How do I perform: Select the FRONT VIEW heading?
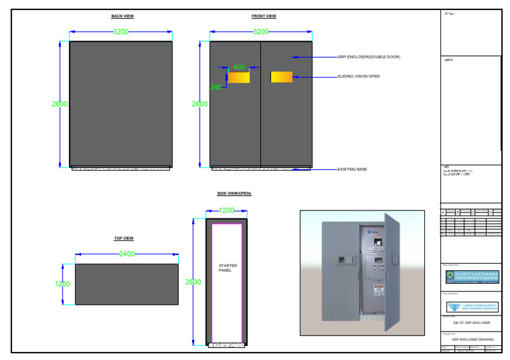264,16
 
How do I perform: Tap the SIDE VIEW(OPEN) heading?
234,193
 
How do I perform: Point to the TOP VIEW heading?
124,238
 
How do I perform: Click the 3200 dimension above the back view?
121,31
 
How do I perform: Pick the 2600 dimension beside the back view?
60,104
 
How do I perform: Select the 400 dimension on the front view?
238,67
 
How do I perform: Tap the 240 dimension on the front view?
216,87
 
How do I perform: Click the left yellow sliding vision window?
239,77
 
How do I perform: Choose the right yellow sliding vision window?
281,77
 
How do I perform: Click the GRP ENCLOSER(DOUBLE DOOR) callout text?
369,57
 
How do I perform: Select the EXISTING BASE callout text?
352,169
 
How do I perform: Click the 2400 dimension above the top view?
127,254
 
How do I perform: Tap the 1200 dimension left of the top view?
62,284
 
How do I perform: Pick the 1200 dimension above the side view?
226,211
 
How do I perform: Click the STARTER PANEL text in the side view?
228,268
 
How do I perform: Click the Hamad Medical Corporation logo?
471,277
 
